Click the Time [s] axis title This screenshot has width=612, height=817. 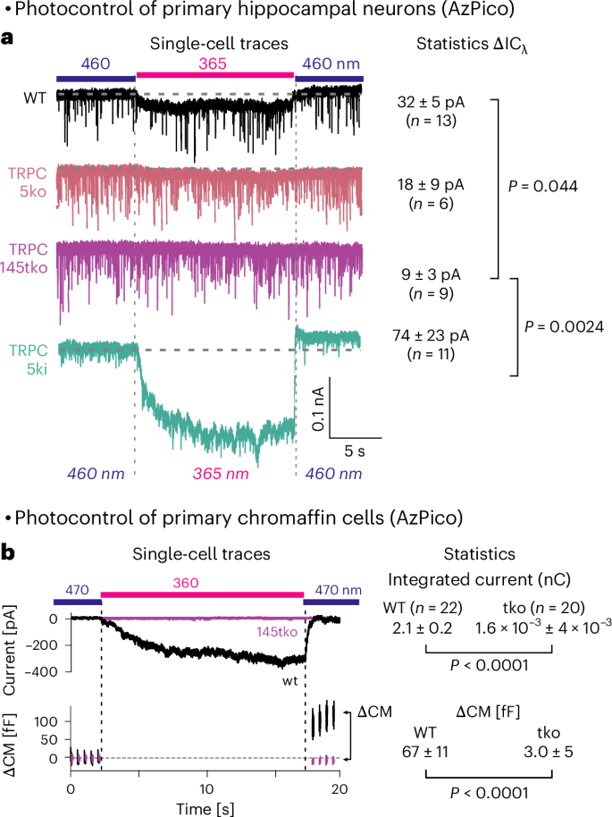[205, 806]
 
